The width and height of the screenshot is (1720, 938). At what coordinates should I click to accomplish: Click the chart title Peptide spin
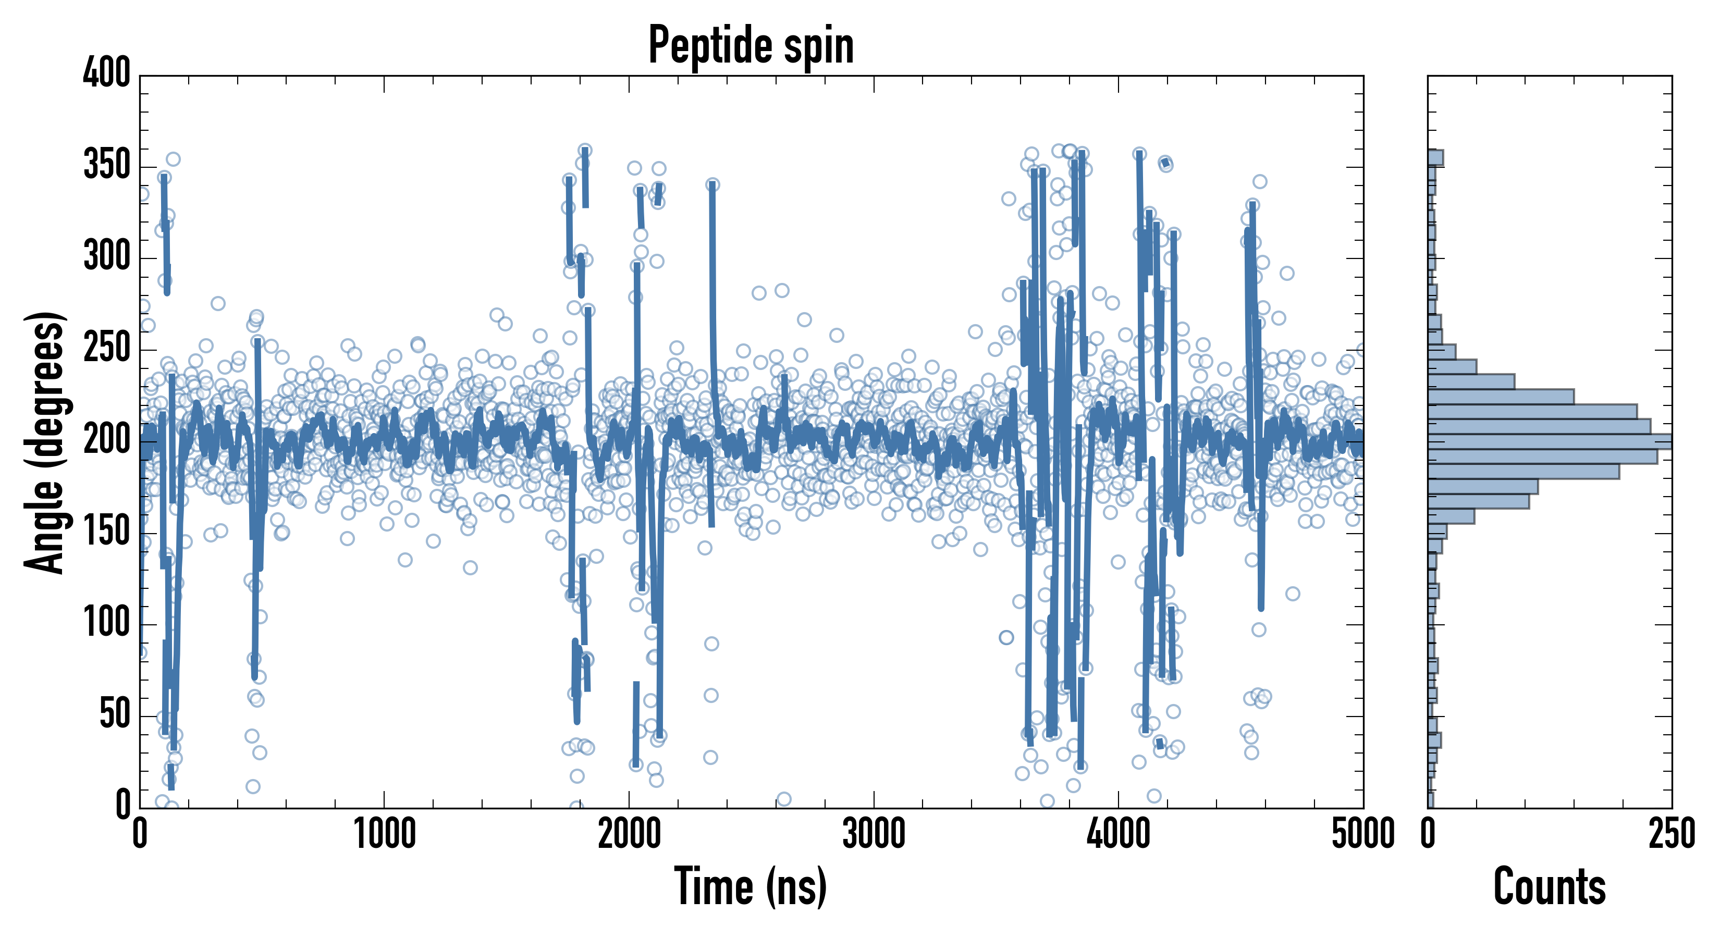click(x=751, y=45)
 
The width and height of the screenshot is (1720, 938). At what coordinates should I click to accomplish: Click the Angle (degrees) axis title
click(x=45, y=442)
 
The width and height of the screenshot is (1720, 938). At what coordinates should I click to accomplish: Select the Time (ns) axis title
click(x=751, y=886)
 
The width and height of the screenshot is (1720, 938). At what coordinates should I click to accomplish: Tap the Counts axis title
click(x=1549, y=886)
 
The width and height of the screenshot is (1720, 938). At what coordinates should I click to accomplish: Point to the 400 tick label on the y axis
click(x=106, y=73)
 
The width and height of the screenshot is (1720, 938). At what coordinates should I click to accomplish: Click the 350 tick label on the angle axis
click(x=106, y=165)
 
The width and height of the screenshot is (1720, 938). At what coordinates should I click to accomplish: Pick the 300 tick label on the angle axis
click(x=106, y=256)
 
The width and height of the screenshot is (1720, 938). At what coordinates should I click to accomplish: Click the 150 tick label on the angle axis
click(x=106, y=532)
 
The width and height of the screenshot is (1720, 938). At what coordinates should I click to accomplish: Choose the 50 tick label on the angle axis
click(x=114, y=715)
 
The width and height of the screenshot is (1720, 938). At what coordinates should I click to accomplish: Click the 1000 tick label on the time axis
click(x=385, y=834)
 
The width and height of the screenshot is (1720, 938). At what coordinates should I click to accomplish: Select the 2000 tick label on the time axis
click(x=629, y=834)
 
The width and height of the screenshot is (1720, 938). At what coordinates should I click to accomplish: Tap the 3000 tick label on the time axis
click(x=874, y=834)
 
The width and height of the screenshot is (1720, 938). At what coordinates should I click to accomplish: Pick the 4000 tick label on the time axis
click(x=1119, y=834)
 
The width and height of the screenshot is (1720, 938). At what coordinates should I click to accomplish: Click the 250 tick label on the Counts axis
click(x=1672, y=834)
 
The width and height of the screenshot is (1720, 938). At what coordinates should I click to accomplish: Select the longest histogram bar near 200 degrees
click(x=1549, y=441)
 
